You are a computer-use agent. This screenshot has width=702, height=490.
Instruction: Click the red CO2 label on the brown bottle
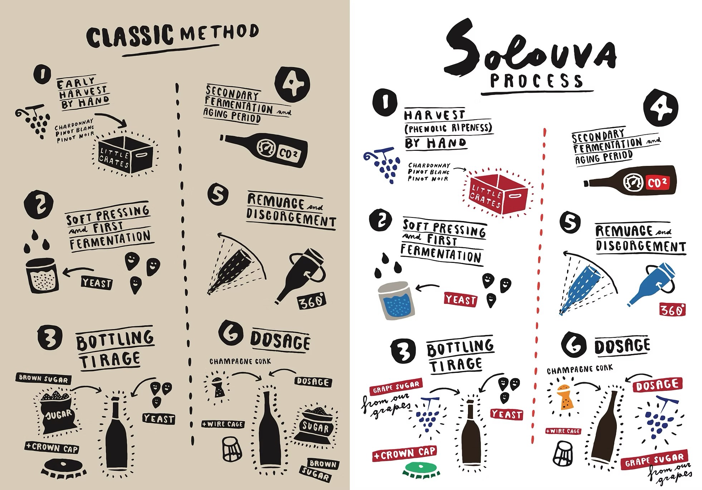(657, 183)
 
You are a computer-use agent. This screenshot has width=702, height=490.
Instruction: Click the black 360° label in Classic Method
(311, 302)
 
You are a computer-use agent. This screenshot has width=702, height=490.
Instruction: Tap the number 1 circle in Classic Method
(42, 75)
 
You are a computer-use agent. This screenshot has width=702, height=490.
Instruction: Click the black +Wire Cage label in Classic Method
(223, 424)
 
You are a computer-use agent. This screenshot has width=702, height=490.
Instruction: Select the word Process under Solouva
(536, 81)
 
